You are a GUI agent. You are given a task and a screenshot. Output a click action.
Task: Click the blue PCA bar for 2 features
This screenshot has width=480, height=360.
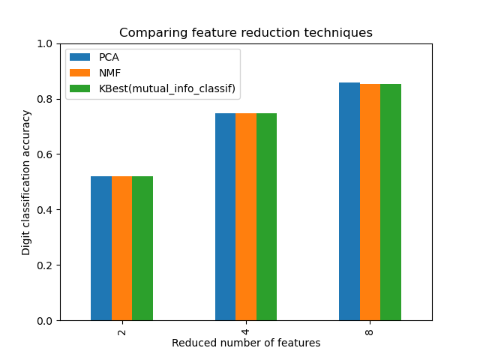(x=101, y=248)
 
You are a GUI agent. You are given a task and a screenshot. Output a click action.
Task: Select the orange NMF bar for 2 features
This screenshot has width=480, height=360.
(x=121, y=248)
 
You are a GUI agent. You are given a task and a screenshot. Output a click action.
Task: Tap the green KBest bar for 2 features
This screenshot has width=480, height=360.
(x=142, y=248)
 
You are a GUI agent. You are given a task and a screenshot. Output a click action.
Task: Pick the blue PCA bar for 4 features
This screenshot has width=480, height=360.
(x=225, y=217)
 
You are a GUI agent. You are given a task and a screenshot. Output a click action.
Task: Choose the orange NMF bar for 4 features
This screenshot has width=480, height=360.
(x=246, y=217)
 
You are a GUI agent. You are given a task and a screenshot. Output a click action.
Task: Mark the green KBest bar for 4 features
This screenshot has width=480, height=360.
(x=266, y=217)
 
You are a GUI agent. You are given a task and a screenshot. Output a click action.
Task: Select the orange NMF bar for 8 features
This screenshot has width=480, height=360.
(x=370, y=202)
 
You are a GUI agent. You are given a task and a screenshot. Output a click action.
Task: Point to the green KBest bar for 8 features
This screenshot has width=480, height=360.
(x=391, y=202)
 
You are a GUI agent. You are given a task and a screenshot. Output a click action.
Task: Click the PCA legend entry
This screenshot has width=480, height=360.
(x=109, y=58)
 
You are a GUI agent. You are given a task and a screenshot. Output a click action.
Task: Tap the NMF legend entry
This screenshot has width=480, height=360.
(x=109, y=73)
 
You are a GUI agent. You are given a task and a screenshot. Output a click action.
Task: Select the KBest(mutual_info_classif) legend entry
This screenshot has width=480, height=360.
(x=166, y=89)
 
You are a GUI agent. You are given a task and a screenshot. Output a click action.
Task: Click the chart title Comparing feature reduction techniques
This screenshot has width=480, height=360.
(x=246, y=33)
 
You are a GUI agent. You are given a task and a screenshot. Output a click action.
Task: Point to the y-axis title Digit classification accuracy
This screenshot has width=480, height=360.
(x=26, y=182)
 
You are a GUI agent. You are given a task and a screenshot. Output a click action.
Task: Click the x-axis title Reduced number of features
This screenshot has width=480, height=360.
(x=246, y=343)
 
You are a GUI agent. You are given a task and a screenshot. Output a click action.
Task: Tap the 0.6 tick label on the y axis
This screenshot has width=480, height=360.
(x=45, y=154)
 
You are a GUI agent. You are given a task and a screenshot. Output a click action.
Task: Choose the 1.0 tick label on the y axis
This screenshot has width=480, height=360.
(x=45, y=43)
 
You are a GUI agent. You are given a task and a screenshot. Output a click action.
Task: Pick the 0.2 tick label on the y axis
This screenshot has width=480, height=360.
(x=45, y=265)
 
